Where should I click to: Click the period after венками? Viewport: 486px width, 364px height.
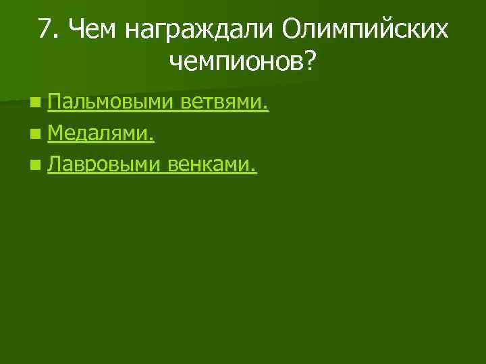click(x=254, y=169)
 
